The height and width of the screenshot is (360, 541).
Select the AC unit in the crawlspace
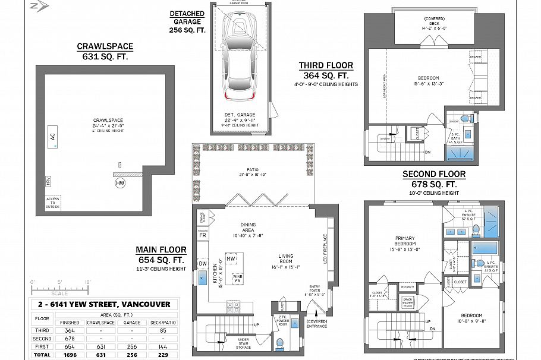[x=52, y=137]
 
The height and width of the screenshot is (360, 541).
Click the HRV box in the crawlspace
[x=48, y=181]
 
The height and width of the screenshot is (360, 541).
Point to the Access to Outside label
[x=53, y=203]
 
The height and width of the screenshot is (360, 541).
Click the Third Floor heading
[x=326, y=66]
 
